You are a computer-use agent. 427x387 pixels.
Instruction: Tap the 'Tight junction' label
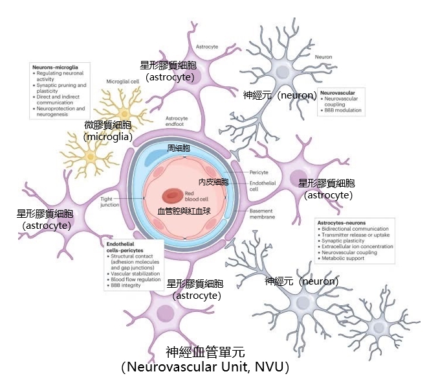[110, 201]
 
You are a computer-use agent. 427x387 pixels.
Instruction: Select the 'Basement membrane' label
[262, 214]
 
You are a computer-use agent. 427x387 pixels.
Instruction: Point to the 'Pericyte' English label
[259, 172]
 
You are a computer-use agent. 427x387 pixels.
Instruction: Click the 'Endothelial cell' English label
[263, 187]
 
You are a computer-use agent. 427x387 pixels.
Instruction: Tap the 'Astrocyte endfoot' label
[177, 122]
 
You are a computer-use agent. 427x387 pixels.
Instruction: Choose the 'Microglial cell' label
[122, 82]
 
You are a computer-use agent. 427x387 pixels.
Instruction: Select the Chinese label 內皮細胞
[213, 182]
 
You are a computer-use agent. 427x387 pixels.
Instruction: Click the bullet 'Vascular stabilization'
[135, 274]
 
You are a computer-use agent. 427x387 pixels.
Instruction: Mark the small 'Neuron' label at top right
[323, 57]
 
